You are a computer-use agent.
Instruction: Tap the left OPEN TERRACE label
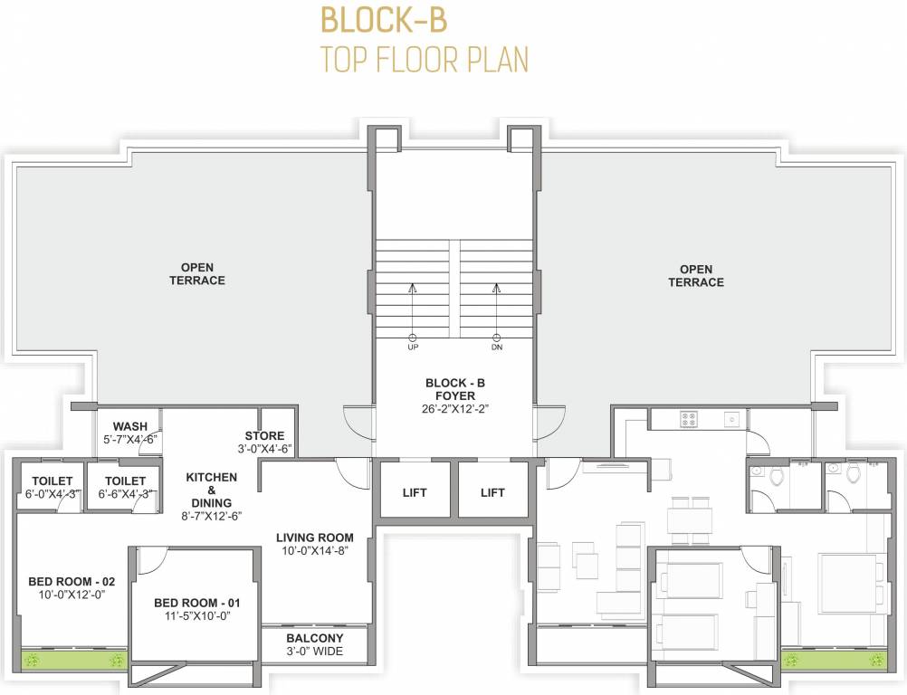tap(197, 274)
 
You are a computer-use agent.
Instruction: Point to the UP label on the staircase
tap(412, 347)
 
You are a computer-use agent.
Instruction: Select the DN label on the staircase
tap(496, 347)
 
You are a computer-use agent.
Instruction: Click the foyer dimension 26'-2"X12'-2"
tap(455, 409)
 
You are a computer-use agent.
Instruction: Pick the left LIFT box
tap(415, 492)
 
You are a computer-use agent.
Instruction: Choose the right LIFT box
tap(493, 492)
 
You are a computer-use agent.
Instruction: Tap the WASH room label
tap(130, 426)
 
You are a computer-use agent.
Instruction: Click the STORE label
tap(264, 436)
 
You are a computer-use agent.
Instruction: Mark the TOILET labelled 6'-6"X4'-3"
tap(125, 481)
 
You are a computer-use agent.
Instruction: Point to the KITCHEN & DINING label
tap(212, 490)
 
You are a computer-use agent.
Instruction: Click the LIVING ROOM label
tap(314, 538)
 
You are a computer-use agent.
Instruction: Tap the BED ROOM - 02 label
tap(62, 581)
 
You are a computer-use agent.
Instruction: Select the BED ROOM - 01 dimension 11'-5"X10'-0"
tap(192, 616)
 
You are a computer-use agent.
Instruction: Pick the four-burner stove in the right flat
tap(688, 419)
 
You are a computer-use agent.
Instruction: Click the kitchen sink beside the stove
tap(731, 419)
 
